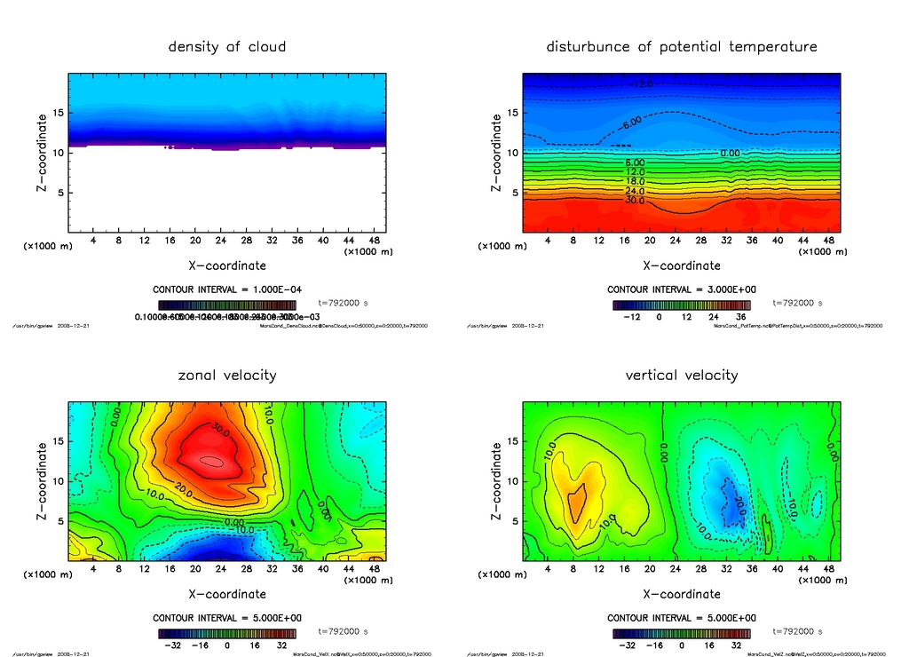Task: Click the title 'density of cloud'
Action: [227, 46]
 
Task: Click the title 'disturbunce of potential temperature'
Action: [682, 46]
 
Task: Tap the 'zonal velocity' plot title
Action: [227, 375]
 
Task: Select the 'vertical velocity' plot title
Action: [682, 375]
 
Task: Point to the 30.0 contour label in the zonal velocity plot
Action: [219, 429]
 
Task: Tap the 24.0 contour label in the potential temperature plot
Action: [634, 191]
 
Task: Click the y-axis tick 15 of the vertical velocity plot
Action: [512, 441]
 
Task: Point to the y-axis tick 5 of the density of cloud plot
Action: [58, 193]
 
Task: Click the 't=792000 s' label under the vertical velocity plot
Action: [799, 631]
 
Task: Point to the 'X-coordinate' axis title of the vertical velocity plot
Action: [682, 594]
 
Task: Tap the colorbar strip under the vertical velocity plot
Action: [681, 634]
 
